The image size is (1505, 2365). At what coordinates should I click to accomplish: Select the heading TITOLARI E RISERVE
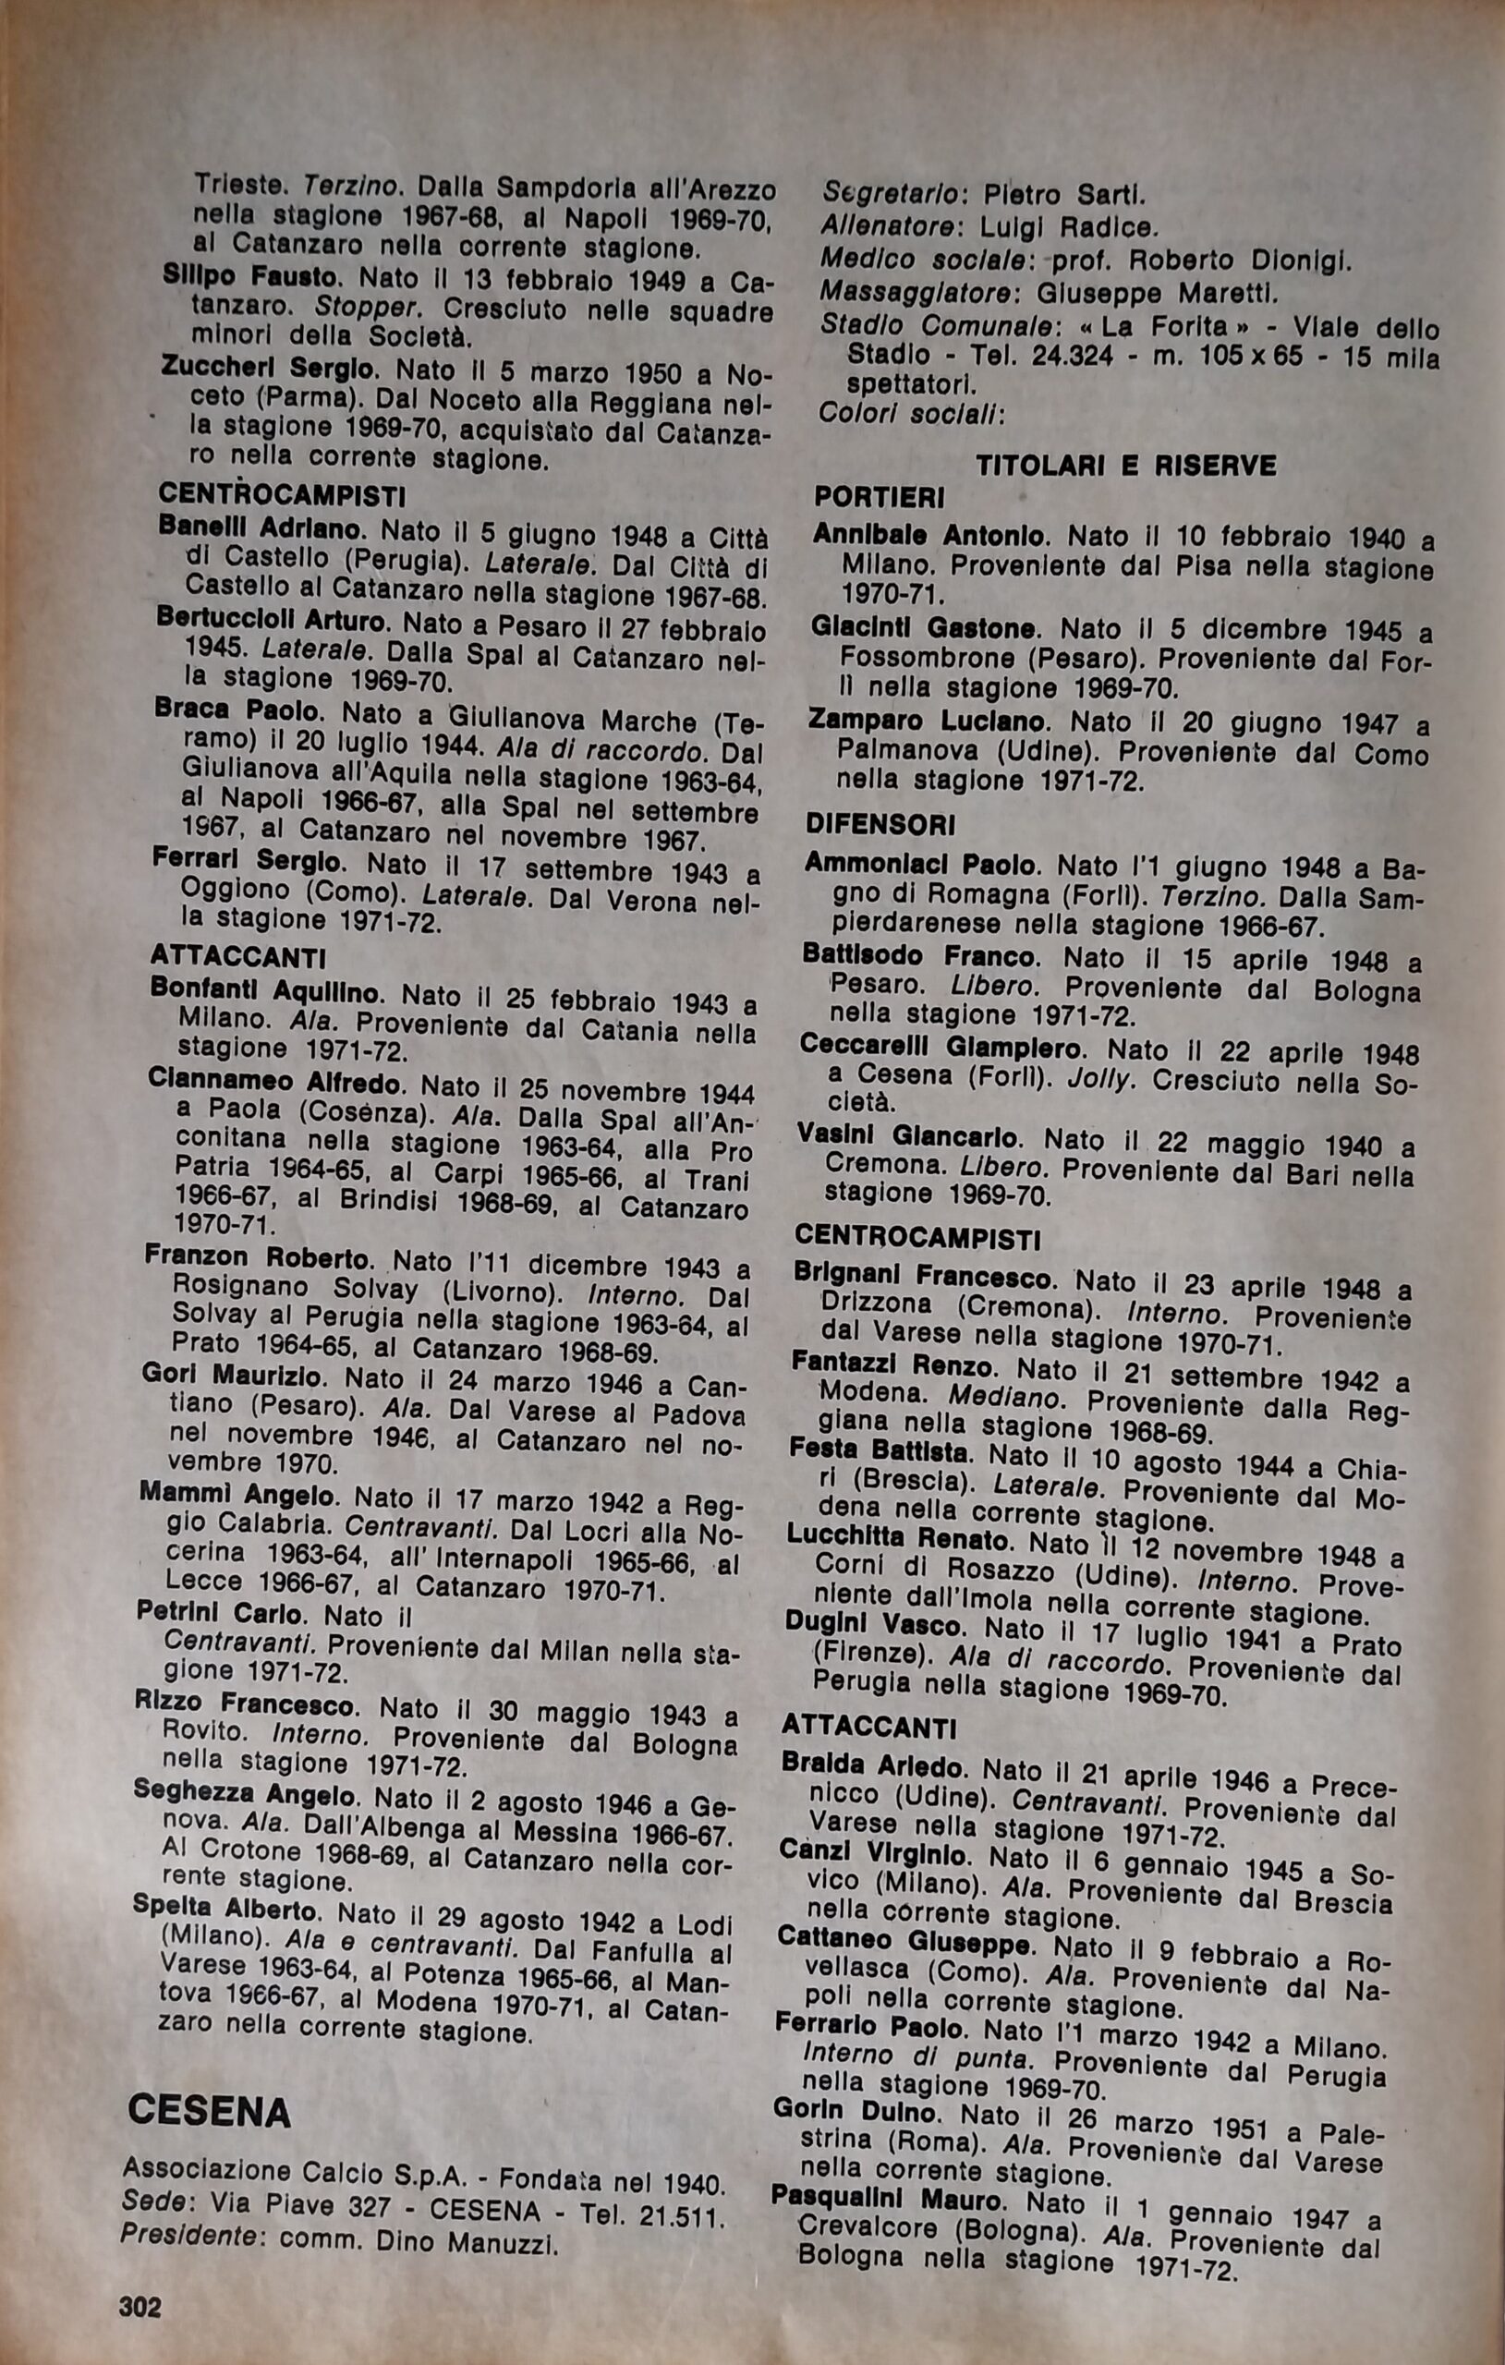click(1126, 466)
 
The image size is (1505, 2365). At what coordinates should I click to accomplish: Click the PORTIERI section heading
click(880, 498)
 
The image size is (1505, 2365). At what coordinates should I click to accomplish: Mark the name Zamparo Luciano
click(928, 721)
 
